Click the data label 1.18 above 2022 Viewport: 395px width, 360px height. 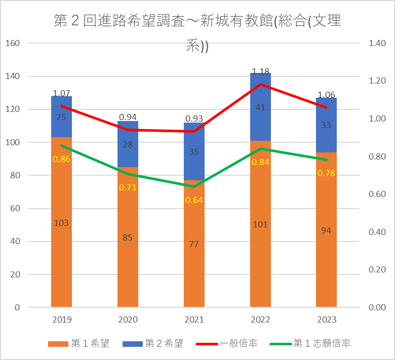(260, 71)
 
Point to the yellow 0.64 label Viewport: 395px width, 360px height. (194, 200)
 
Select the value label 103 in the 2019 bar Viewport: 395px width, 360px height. (61, 223)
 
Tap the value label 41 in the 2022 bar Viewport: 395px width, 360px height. (260, 107)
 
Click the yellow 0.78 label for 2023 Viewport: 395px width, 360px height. (326, 173)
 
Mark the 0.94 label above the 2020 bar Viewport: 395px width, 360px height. (128, 117)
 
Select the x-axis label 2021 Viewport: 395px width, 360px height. (194, 320)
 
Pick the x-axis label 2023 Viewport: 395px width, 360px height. (326, 320)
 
